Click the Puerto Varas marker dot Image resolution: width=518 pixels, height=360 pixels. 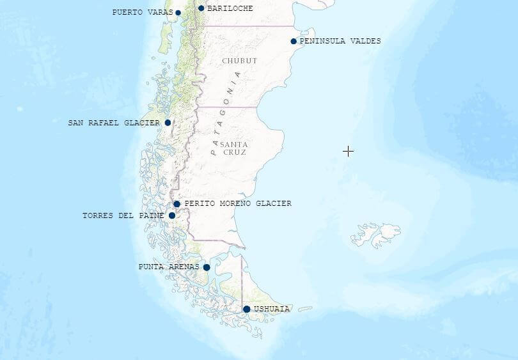pos(178,13)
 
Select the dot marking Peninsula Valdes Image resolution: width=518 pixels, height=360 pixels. pos(294,42)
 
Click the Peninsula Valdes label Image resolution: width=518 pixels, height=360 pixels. pos(340,41)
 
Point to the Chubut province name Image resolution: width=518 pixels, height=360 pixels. pos(240,61)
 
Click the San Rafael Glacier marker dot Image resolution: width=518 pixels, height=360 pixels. pos(168,123)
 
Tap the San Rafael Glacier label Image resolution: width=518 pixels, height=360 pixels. pos(114,123)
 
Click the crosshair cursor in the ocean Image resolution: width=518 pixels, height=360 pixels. pos(348,151)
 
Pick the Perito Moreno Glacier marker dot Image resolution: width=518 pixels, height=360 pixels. pos(177,204)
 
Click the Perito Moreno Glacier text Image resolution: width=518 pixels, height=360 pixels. pos(238,203)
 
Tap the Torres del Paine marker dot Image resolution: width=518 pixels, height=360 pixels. pos(172,215)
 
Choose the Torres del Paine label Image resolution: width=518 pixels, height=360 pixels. pos(123,215)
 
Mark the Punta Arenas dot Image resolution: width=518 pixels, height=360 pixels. pos(207,267)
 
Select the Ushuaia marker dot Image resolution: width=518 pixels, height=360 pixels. pos(247,309)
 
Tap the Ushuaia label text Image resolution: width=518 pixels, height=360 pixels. pos(272,309)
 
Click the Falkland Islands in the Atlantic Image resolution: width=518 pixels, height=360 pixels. pos(377,234)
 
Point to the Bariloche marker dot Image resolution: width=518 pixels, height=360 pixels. pos(201,8)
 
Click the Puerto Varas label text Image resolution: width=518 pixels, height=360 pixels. pos(142,12)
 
